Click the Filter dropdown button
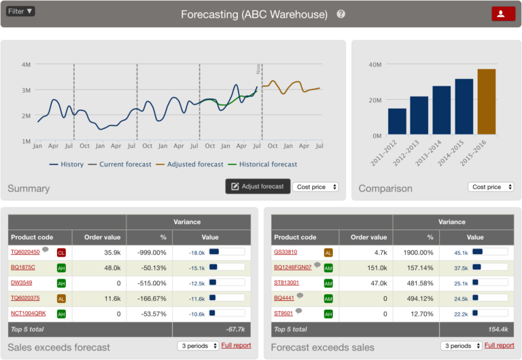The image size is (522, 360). tap(20, 12)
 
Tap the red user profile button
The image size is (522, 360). tap(503, 14)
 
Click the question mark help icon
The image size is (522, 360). tap(341, 14)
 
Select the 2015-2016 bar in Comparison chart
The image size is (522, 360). tap(487, 101)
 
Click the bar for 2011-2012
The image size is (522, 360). tap(397, 121)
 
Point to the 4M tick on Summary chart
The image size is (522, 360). tap(27, 65)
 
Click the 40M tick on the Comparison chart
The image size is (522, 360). tap(373, 65)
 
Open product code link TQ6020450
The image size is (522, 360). tap(25, 252)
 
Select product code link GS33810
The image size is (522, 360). tap(285, 252)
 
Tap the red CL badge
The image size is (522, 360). tap(61, 253)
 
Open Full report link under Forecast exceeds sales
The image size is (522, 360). tap(499, 345)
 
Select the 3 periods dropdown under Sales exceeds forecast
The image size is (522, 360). tap(197, 346)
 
